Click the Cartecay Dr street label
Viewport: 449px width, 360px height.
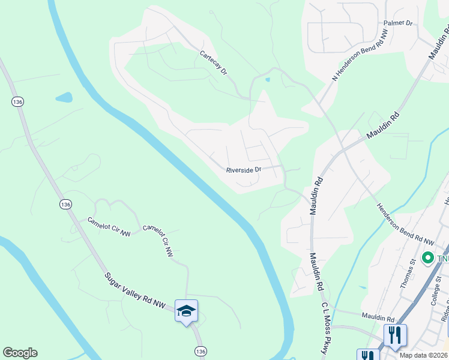[x=214, y=63]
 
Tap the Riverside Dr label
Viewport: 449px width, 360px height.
[x=243, y=170]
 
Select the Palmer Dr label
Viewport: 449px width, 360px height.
[x=399, y=23]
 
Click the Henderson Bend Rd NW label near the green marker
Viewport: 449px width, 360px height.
[x=405, y=223]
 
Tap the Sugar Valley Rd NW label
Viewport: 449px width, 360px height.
[x=134, y=292]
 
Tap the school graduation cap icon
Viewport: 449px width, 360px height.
[x=186, y=311]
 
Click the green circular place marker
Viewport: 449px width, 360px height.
[x=428, y=258]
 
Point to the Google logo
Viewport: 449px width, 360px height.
[x=20, y=353]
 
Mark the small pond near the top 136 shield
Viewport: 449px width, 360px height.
[x=64, y=97]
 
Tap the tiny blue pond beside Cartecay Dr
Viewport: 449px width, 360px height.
[x=267, y=79]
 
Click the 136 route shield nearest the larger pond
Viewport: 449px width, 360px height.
[x=17, y=102]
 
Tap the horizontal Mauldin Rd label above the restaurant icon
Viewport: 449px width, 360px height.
[x=377, y=316]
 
